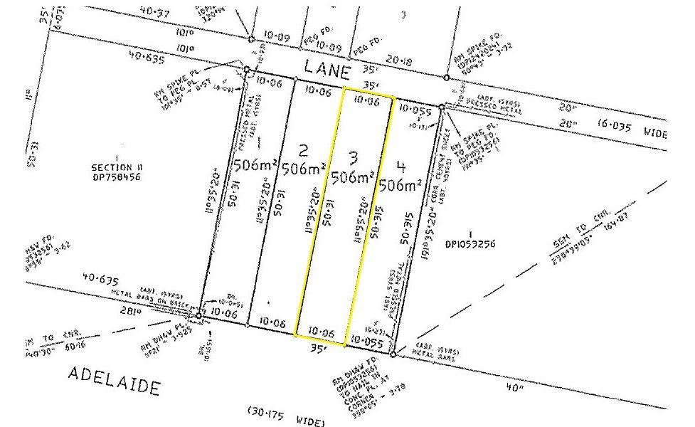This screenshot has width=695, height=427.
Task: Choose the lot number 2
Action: point(304,150)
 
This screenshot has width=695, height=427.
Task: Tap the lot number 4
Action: point(402,167)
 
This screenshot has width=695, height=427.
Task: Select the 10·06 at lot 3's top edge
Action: point(367,102)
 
